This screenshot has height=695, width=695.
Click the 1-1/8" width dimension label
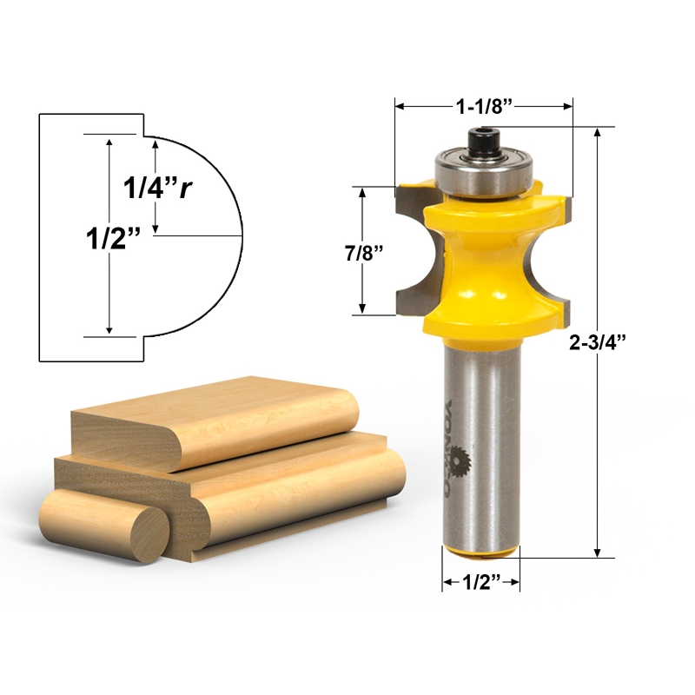485,106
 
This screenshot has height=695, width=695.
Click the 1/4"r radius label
156,187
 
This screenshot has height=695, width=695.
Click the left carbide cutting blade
409,252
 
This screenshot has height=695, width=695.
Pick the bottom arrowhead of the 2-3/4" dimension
598,551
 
